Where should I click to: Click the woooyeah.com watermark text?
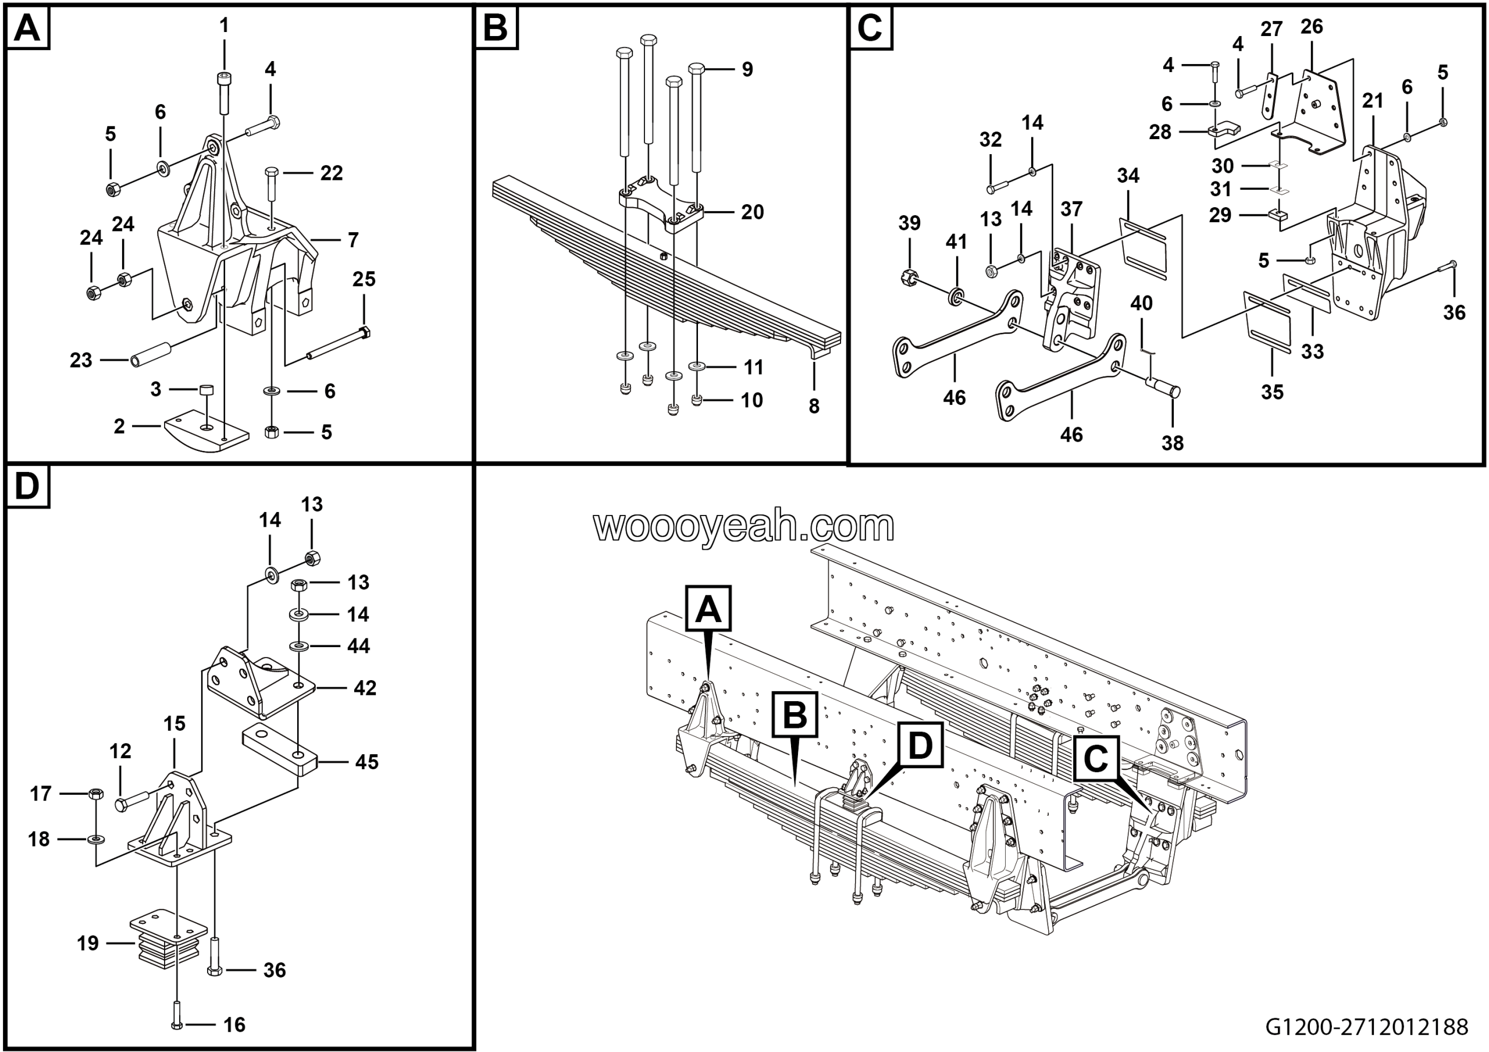tap(744, 526)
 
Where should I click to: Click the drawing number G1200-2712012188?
tap(1366, 1027)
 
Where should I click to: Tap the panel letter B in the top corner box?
tap(496, 29)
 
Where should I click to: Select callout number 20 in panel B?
tap(752, 212)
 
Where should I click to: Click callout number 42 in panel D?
tap(365, 688)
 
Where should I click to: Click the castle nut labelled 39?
tap(909, 277)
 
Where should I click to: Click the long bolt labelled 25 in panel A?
tap(337, 344)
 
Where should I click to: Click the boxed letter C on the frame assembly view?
tap(1095, 758)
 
